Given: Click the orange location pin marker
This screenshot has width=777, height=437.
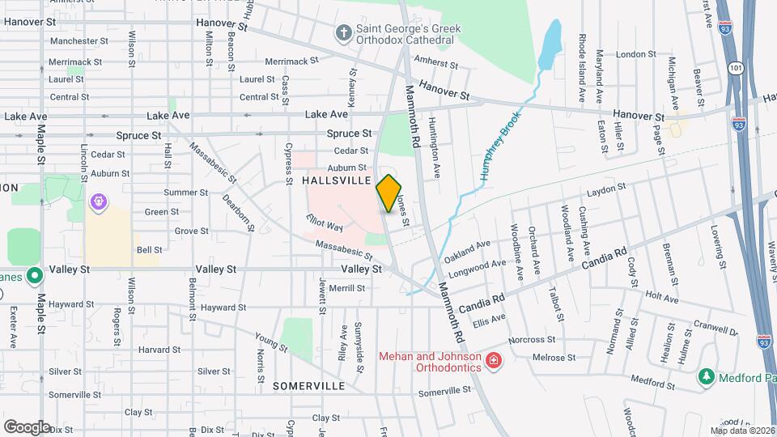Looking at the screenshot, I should pyautogui.click(x=389, y=193).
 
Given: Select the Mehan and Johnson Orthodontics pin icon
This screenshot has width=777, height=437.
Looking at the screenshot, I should pyautogui.click(x=492, y=361).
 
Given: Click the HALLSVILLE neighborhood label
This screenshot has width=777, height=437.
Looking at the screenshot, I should pyautogui.click(x=336, y=180).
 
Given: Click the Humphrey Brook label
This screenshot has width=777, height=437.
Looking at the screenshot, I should pyautogui.click(x=496, y=146).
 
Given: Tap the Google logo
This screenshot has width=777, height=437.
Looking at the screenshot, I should pyautogui.click(x=27, y=426).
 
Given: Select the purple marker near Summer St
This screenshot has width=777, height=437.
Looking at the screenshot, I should pyautogui.click(x=99, y=200).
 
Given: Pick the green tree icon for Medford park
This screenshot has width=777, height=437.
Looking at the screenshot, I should pyautogui.click(x=706, y=377).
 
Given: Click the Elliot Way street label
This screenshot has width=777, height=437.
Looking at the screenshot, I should pyautogui.click(x=325, y=223).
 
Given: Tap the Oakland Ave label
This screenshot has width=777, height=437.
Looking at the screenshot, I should pyautogui.click(x=468, y=250).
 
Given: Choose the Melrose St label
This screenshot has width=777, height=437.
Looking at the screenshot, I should pyautogui.click(x=554, y=357).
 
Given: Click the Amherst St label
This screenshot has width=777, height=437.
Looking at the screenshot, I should pyautogui.click(x=435, y=60).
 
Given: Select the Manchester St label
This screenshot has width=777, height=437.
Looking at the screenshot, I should pyautogui.click(x=79, y=41).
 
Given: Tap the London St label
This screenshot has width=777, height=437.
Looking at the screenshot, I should pyautogui.click(x=635, y=54).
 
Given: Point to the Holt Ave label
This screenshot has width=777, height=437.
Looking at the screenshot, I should pyautogui.click(x=662, y=299).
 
